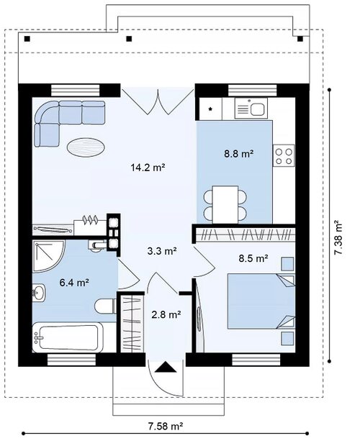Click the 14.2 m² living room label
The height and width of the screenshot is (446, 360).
click(148, 167)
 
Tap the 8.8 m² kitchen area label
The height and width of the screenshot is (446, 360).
click(239, 154)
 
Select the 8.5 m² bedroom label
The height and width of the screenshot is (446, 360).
click(253, 258)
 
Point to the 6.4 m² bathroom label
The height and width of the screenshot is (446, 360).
click(74, 283)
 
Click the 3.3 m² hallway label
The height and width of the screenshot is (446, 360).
click(162, 251)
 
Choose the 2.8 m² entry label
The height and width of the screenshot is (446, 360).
click(166, 314)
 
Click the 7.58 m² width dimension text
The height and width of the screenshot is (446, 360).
click(166, 426)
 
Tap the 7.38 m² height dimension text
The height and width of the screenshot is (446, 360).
click(338, 238)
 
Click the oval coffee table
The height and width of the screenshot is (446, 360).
click(86, 147)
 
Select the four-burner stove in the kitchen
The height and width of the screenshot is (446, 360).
click(284, 155)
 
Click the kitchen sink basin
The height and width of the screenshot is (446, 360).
click(257, 109)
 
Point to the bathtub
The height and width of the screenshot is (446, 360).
click(68, 337)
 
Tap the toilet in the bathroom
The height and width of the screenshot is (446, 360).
click(105, 306)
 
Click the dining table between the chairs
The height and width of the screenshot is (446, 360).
click(225, 204)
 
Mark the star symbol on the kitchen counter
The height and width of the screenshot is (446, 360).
click(210, 109)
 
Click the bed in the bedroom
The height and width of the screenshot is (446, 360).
click(261, 301)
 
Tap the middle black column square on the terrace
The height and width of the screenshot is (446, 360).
click(129, 39)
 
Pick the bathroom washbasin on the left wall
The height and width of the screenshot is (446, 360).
click(39, 292)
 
